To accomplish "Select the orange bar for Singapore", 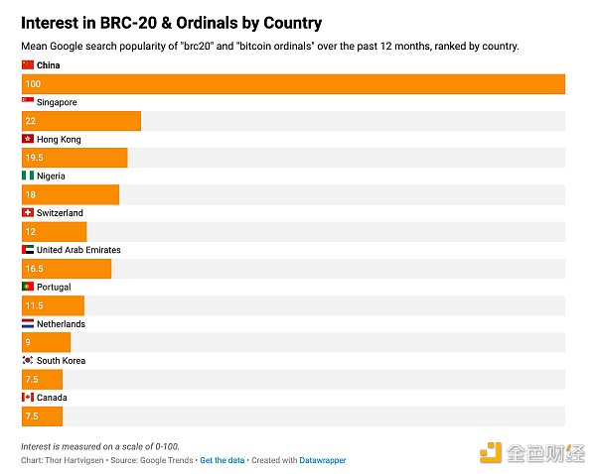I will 80,121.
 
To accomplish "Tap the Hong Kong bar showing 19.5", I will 74,158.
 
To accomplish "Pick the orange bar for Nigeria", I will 70,194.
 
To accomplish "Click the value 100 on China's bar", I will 34,84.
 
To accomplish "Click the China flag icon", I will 28,64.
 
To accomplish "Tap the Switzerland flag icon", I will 28,213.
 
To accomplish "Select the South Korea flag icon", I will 28,361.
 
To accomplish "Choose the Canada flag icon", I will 28,398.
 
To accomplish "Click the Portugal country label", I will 54,288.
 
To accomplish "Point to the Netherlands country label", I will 61,324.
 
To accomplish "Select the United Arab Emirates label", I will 78,250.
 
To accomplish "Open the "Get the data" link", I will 223,460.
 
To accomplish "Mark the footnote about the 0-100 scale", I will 99,446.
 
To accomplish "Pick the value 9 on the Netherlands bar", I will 29,342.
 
